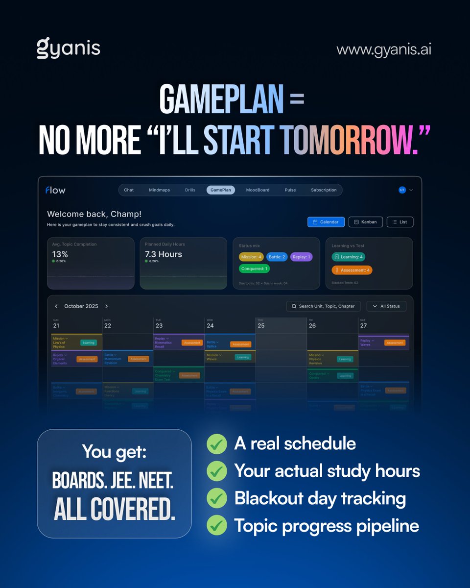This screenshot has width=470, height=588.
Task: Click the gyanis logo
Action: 69,49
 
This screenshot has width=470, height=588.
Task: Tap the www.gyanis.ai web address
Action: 384,49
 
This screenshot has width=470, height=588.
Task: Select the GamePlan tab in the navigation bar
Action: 221,190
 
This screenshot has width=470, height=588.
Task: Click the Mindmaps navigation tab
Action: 159,190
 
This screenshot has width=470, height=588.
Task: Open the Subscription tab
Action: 324,190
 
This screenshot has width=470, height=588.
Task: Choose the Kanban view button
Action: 365,222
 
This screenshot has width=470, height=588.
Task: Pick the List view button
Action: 399,222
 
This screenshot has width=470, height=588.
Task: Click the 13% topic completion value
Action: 60,254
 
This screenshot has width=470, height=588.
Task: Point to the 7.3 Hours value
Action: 164,254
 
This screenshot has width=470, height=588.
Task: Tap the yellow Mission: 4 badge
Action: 251,257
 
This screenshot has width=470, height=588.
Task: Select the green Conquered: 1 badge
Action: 254,269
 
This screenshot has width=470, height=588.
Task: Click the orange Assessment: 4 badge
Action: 352,270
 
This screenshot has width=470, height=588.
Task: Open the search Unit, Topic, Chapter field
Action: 323,306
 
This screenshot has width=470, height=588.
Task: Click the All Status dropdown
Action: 386,306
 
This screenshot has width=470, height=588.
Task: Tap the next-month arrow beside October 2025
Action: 106,306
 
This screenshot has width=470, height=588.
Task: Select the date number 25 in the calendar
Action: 261,325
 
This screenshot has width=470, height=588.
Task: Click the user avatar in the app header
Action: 402,190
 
